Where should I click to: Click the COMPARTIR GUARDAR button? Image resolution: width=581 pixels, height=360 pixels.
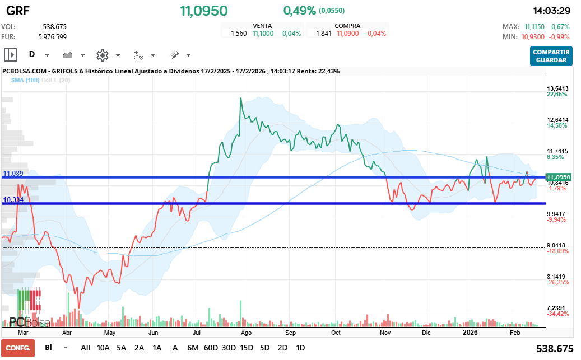(x=551, y=56)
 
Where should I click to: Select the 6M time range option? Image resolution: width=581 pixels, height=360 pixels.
(x=193, y=348)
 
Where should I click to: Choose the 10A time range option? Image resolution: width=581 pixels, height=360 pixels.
(x=104, y=348)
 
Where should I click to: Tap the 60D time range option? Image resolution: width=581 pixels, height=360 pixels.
(x=211, y=348)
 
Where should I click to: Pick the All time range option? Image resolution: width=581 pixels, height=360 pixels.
(x=85, y=348)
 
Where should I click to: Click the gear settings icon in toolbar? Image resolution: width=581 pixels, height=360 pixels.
(x=102, y=55)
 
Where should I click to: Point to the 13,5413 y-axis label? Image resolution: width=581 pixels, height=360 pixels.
(x=557, y=88)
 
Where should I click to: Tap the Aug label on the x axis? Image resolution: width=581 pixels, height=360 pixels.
(x=245, y=332)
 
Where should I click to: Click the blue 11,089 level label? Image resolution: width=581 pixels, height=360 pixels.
(x=13, y=174)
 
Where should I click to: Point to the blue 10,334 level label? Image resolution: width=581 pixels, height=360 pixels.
(x=13, y=200)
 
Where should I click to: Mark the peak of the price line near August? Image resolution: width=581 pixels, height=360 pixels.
(x=240, y=99)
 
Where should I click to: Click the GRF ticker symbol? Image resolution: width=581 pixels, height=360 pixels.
(x=18, y=11)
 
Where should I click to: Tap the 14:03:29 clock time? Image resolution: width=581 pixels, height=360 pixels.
(x=551, y=11)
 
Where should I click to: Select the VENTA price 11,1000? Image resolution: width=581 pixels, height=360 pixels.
(x=263, y=34)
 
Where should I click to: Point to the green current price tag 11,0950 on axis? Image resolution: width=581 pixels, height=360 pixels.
(x=559, y=176)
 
